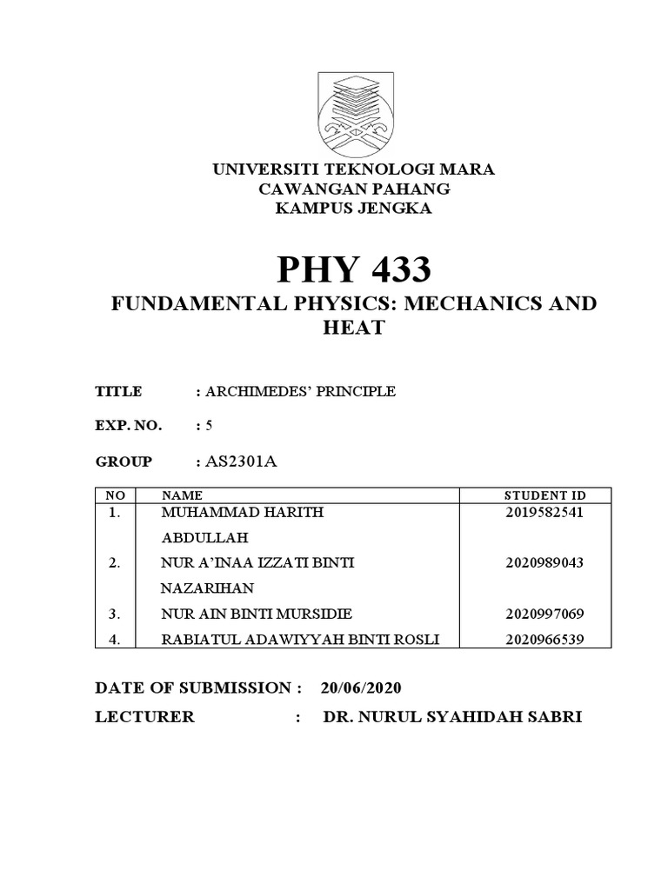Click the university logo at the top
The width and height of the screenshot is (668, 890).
click(355, 112)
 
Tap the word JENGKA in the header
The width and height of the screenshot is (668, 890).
click(395, 209)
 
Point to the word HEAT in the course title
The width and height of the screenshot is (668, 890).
click(354, 329)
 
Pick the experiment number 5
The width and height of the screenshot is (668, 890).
click(209, 426)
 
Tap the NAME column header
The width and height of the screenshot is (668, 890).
click(181, 495)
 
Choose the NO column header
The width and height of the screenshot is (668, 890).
click(115, 495)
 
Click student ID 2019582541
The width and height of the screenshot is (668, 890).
click(544, 513)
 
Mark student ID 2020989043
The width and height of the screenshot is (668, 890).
click(544, 563)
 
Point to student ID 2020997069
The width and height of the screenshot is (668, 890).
click(544, 614)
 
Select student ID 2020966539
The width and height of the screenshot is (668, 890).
click(544, 641)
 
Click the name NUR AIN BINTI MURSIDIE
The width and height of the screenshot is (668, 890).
click(257, 614)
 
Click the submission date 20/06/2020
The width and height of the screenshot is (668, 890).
click(361, 687)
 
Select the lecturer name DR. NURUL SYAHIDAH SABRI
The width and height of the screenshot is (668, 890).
click(452, 718)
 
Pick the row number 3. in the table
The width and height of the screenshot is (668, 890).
click(114, 614)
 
